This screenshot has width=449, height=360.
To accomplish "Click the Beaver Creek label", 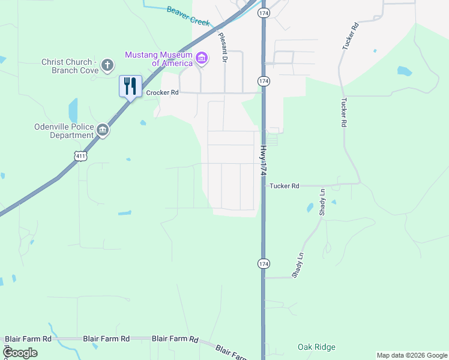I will [188, 16].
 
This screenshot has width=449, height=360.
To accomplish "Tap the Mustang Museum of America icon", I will [202, 59].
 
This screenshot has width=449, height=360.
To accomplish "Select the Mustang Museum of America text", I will [158, 59].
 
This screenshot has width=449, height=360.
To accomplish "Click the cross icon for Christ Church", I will [107, 65].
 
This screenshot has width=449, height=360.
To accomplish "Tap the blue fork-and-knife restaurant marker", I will [130, 86].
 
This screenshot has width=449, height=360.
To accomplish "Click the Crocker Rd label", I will [162, 93].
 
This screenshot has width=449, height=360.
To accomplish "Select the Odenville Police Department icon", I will [103, 130].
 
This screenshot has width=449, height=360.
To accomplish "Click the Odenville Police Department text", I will [64, 130].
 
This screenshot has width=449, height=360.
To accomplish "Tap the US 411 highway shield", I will [81, 156].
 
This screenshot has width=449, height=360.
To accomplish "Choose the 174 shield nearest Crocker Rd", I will [263, 81].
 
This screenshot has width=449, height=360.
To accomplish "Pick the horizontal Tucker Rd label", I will [284, 186].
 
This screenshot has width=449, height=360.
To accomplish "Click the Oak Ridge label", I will [316, 347].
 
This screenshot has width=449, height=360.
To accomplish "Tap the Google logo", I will [20, 352].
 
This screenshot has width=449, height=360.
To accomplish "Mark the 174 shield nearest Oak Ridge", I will [263, 263].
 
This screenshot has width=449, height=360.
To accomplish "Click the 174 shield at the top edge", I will [263, 12].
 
